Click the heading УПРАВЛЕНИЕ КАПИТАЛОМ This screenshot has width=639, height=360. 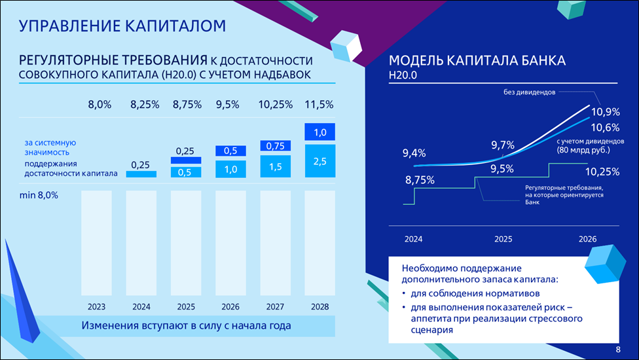click(x=122, y=26)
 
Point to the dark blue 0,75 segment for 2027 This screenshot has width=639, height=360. click(x=275, y=146)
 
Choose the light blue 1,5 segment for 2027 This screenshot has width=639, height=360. click(x=275, y=167)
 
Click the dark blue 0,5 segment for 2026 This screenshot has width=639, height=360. click(x=230, y=151)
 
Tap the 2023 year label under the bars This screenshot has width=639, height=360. click(x=96, y=306)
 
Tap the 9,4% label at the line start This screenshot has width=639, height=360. click(x=414, y=154)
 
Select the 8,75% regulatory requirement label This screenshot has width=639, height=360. click(x=420, y=180)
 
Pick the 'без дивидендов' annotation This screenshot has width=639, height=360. click(x=529, y=92)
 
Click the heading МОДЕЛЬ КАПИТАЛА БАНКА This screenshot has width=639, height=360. click(x=477, y=62)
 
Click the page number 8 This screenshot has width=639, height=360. click(x=619, y=349)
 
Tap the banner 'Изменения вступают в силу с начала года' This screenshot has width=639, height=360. click(x=186, y=325)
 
